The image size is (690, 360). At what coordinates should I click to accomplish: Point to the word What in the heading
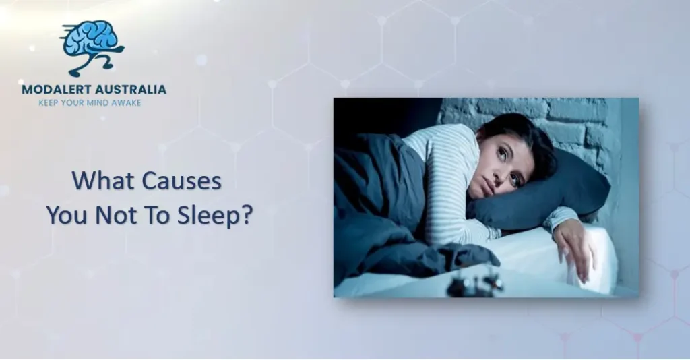point(96,181)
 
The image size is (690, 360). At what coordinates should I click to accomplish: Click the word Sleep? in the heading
point(219,216)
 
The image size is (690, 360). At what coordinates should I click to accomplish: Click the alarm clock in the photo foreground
point(475,283)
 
